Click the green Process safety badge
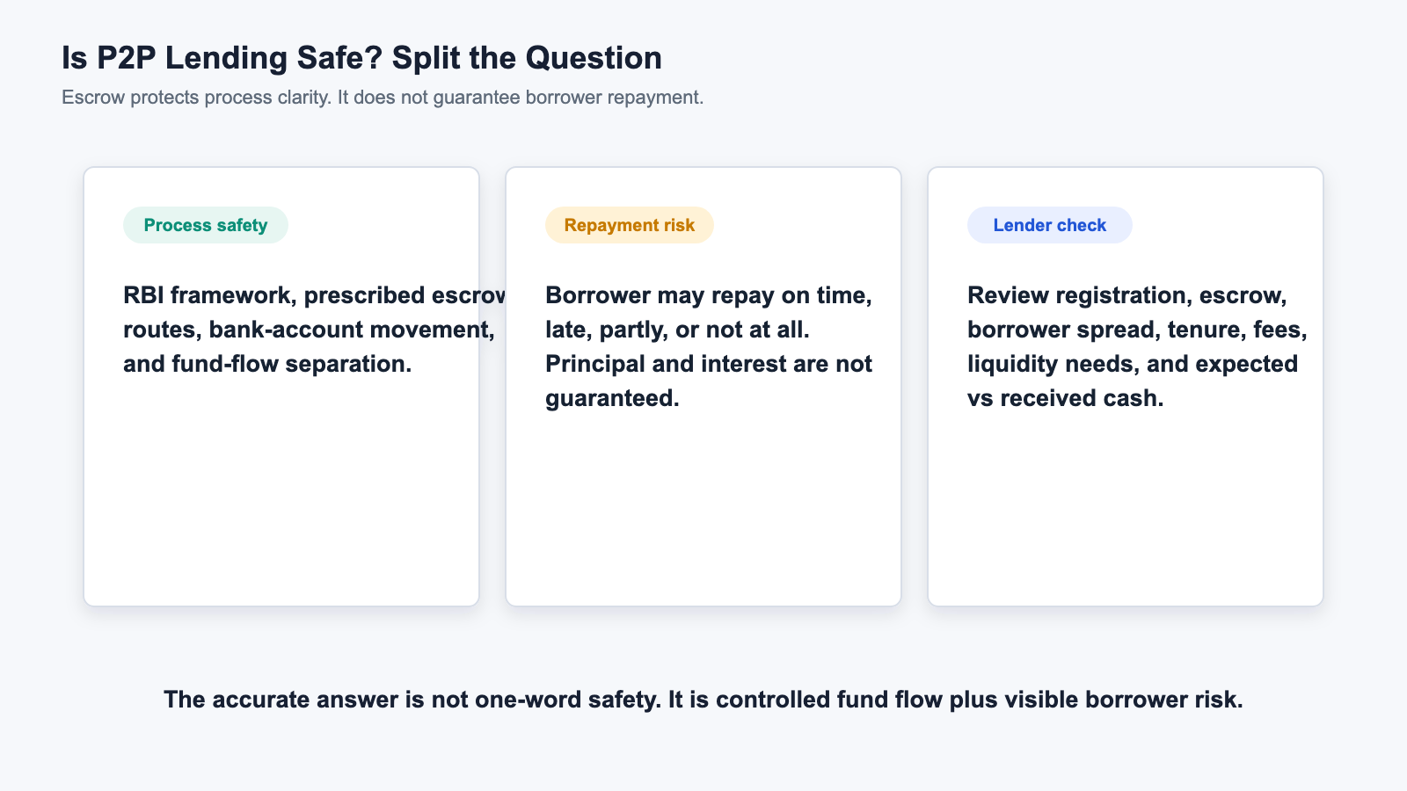point(206,225)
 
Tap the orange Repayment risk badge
point(629,225)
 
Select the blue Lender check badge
point(1050,225)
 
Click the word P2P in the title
point(126,58)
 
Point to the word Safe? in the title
point(339,58)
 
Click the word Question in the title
point(594,58)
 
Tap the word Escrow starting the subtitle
point(93,98)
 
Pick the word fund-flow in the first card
point(225,364)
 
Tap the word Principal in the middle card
point(595,364)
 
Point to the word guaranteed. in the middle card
point(612,399)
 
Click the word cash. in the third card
point(1135,398)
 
